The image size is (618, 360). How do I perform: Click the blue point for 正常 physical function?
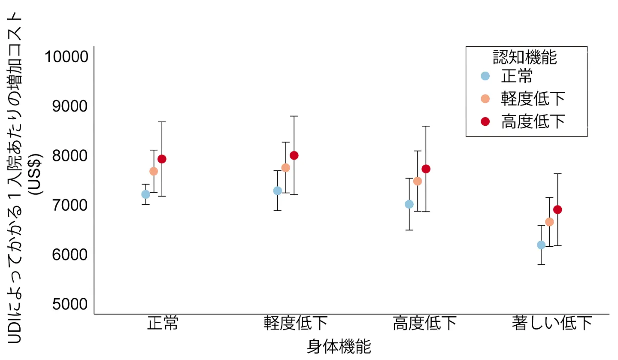coord(145,194)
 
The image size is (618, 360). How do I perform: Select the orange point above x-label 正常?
coord(154,171)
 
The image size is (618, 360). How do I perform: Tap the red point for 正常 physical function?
coord(162,159)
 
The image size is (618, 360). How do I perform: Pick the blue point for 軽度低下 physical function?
coord(278,191)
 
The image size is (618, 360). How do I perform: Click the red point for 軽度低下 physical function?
coord(294,155)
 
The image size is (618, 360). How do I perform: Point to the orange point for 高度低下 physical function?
coord(418,181)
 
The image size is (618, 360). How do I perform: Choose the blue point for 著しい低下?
coord(541,245)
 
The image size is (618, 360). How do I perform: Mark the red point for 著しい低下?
coord(557,210)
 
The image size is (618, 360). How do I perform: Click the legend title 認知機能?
coord(525,57)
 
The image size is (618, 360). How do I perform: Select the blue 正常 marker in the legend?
coord(485,76)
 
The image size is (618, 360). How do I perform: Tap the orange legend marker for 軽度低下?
coord(485,99)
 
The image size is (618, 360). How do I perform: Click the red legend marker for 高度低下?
coord(485,121)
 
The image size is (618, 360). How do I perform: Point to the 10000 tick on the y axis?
coord(67,57)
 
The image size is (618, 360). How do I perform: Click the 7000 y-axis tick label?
coord(70,205)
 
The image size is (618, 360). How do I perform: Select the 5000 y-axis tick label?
coord(70,304)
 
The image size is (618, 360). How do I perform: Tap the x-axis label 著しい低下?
coord(552,324)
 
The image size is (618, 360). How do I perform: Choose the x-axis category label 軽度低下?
coord(296,324)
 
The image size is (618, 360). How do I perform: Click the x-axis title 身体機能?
coord(339,346)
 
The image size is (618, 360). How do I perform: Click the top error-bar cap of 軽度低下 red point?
coord(294,116)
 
